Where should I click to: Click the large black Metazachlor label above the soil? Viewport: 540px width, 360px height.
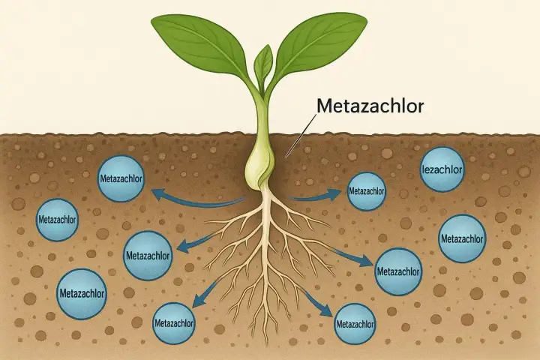370,106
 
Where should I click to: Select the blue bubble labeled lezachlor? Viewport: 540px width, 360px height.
442,169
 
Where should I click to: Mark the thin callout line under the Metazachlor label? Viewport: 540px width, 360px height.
301,136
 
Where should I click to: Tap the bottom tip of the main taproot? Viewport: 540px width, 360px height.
265,344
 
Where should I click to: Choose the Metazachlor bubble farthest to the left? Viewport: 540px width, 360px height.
57,220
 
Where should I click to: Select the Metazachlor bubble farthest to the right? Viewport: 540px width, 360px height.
462,238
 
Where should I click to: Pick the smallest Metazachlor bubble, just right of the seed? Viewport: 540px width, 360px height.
367,191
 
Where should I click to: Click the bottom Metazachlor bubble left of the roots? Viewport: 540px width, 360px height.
174,323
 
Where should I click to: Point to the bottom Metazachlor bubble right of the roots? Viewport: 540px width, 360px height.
355,324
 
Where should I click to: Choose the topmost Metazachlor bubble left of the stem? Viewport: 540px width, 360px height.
121,178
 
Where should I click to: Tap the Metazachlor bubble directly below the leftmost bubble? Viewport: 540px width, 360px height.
82,293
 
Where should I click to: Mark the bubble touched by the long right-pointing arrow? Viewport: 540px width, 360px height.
398,271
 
